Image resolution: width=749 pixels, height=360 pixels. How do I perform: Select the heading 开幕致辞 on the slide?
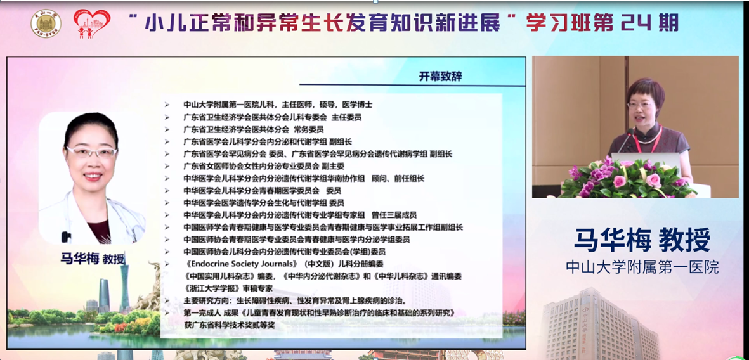pyautogui.click(x=440, y=76)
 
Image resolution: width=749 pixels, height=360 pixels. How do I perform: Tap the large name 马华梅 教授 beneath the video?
pyautogui.click(x=642, y=240)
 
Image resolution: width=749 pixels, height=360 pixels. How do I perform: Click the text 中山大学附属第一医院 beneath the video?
pyautogui.click(x=642, y=266)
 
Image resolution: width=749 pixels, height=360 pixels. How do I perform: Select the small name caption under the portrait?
pyautogui.click(x=92, y=259)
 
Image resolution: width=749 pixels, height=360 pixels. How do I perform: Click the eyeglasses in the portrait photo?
pyautogui.click(x=92, y=152)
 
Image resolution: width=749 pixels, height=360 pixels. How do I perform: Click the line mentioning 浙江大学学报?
pyautogui.click(x=228, y=288)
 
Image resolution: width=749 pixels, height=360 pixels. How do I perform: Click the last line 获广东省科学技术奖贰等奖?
pyautogui.click(x=230, y=325)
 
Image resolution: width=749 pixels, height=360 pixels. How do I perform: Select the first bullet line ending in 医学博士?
pyautogui.click(x=278, y=105)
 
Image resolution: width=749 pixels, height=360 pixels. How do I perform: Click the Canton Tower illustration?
pyautogui.click(x=124, y=286)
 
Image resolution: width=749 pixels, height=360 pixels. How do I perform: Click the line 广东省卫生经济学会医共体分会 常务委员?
pyautogui.click(x=254, y=129)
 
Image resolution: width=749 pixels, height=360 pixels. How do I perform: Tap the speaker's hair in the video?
pyautogui.click(x=646, y=88)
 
